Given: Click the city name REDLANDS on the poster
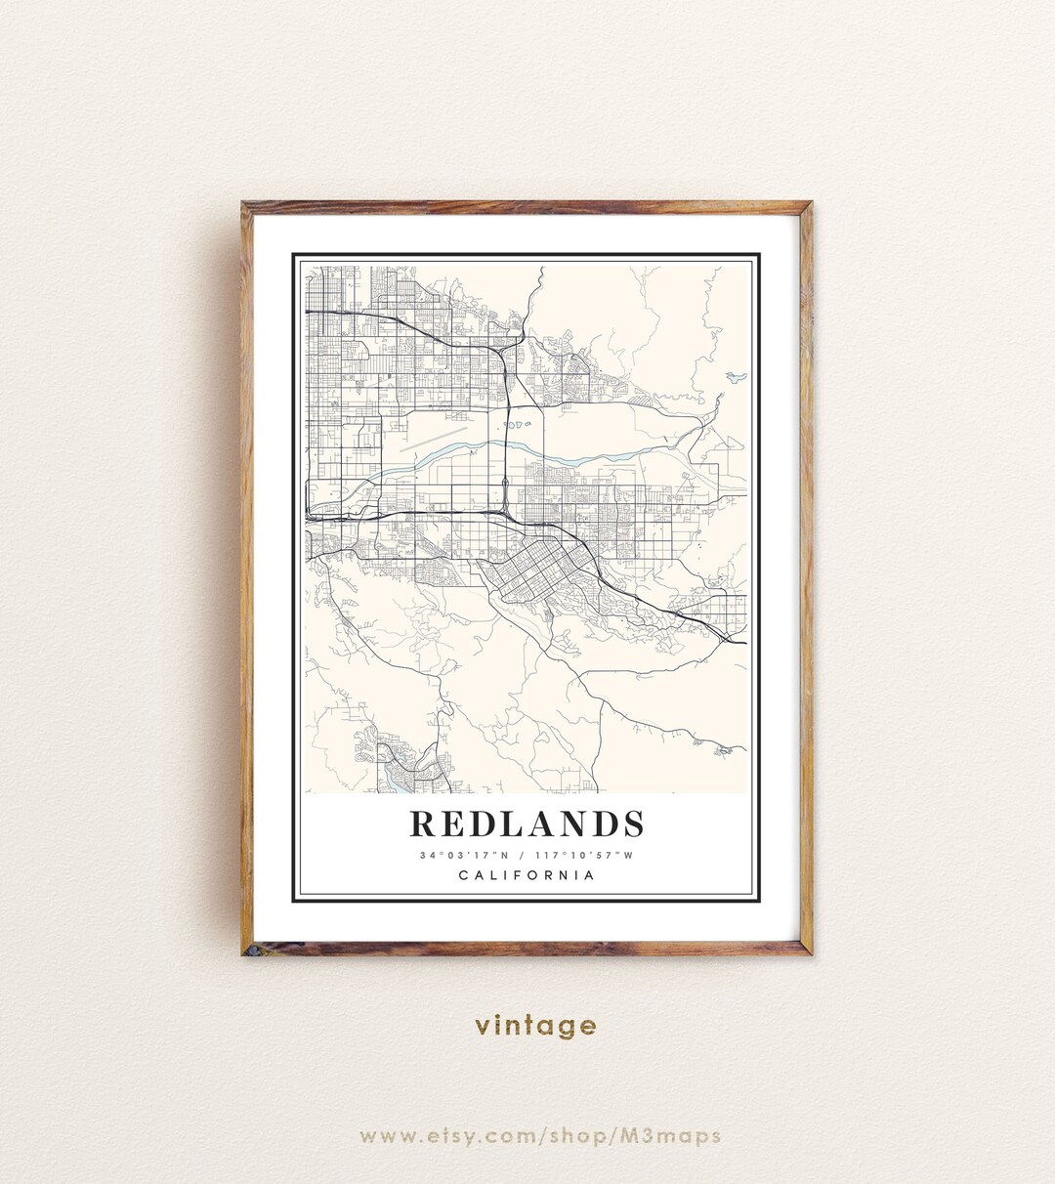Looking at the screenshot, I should coord(527,824).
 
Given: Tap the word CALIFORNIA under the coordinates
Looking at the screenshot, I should coord(527,875).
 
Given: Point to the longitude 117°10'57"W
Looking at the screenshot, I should coord(585,856).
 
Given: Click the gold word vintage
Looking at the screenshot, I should coord(535,1026).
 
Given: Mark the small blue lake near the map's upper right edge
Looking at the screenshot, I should coord(735,377).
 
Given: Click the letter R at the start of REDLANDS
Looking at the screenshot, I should coord(421,824).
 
